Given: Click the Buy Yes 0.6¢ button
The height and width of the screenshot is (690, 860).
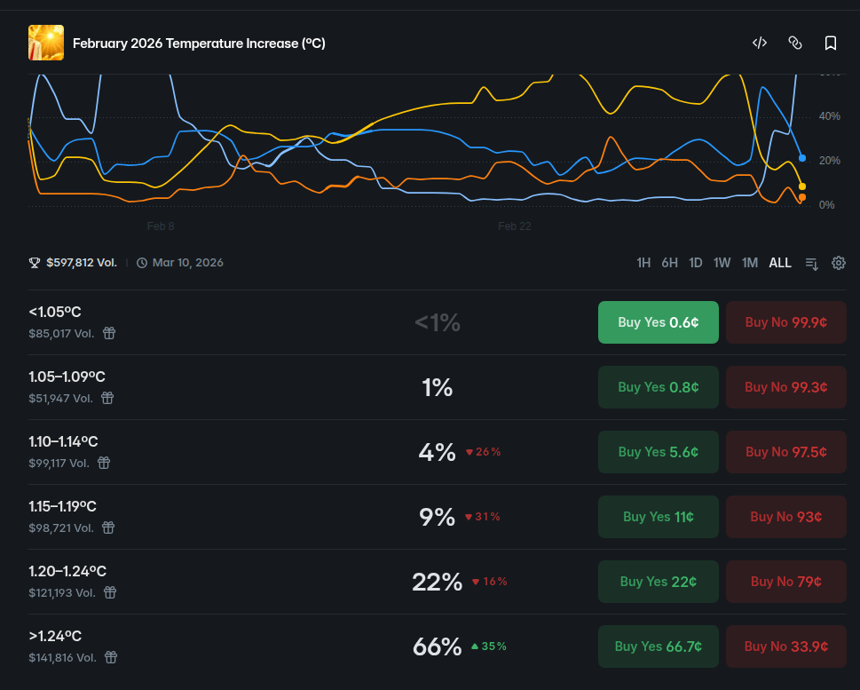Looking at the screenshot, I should tap(658, 322).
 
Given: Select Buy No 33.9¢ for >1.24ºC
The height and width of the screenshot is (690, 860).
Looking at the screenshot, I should tap(785, 646).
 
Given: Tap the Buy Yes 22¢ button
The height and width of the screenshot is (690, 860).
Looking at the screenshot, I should tap(658, 582).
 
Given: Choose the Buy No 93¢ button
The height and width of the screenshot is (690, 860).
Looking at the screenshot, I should tap(785, 517).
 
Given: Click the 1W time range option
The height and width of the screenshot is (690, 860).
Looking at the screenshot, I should tap(722, 263).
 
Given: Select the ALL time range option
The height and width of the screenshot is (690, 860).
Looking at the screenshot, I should tap(780, 263).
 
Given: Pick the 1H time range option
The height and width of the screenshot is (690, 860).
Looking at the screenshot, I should tap(643, 263).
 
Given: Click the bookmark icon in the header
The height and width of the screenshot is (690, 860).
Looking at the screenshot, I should tap(831, 43).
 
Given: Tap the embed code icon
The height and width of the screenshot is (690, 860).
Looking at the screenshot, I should tap(760, 43).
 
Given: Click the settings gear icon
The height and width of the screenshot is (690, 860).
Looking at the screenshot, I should tap(839, 263).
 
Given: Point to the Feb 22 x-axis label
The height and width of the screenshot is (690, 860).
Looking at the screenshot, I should tap(515, 226).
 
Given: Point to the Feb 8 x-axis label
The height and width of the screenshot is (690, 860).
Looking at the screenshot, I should tap(161, 226).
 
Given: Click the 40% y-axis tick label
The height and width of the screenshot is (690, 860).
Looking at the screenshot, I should tap(829, 116).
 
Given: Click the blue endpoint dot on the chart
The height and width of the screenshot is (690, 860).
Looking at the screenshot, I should tap(802, 158).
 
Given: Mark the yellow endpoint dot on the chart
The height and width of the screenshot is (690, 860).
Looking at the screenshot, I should tap(802, 186).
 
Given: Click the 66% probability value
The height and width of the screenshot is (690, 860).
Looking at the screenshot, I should tap(438, 646).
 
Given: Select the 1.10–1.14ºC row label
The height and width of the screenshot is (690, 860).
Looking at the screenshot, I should tap(63, 441).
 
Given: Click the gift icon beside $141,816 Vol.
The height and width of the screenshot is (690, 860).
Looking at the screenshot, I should tap(110, 658).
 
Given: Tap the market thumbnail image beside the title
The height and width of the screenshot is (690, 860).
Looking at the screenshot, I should tap(46, 43).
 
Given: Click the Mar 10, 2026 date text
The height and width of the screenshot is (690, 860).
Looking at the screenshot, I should tap(187, 263).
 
